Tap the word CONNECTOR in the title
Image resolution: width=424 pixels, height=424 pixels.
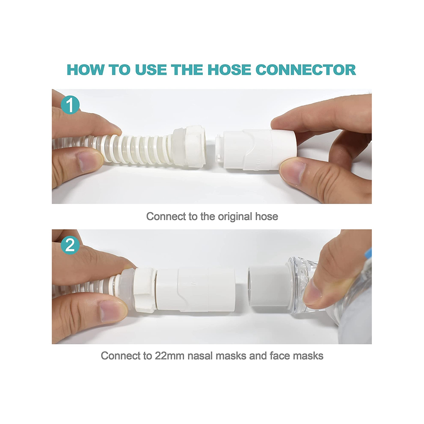pos(306,70)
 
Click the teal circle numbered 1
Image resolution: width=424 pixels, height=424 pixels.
pos(70,105)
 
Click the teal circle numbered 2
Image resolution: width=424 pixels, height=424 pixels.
pos(70,245)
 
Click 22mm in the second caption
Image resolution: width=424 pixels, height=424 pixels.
pos(169,355)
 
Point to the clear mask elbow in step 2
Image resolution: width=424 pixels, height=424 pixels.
pos(300,283)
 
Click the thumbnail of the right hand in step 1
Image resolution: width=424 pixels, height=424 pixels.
pos(291,172)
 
